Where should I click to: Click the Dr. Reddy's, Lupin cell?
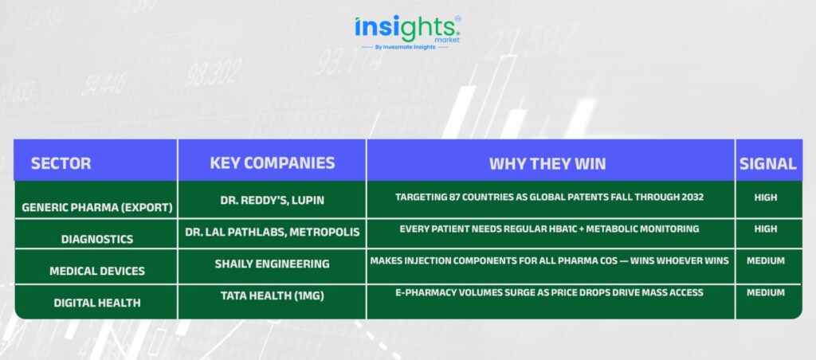pyautogui.click(x=273, y=200)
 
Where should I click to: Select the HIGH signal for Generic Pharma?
pyautogui.click(x=766, y=198)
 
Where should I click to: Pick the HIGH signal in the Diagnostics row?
pyautogui.click(x=766, y=229)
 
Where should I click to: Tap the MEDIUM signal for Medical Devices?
pyautogui.click(x=766, y=260)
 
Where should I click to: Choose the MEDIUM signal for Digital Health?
pyautogui.click(x=766, y=292)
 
